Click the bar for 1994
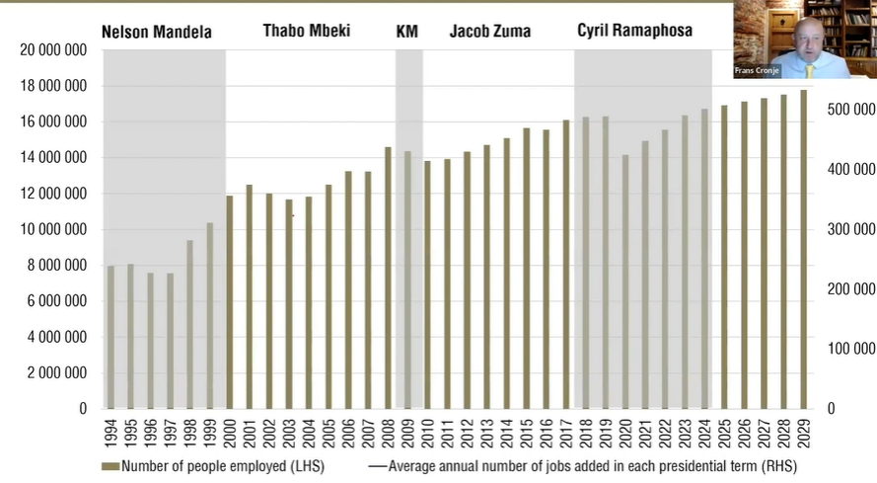tap(110, 337)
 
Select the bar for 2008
tap(389, 278)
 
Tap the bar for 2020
tap(625, 282)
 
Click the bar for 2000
tap(230, 301)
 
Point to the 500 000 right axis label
tap(849, 109)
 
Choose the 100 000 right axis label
tap(849, 349)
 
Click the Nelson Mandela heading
tap(157, 32)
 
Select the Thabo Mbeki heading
tap(305, 31)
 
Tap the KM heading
tap(406, 32)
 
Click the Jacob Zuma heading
tap(489, 32)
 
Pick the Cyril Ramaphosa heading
tap(634, 31)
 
